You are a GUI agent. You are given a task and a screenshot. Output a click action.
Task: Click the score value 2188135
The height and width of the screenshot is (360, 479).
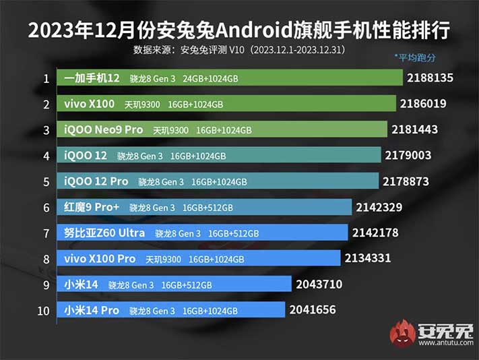pyautogui.click(x=430, y=78)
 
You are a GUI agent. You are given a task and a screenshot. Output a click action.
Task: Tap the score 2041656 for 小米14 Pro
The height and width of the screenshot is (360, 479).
pyautogui.click(x=312, y=310)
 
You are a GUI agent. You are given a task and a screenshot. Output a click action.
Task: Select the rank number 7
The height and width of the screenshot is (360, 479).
pyautogui.click(x=46, y=233)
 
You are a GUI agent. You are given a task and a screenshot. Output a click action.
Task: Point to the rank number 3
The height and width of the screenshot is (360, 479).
pyautogui.click(x=46, y=130)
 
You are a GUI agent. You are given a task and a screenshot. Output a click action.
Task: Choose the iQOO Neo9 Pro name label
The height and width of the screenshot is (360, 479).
pyautogui.click(x=103, y=130)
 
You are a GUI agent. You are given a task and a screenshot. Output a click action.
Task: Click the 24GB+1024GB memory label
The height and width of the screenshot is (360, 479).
pyautogui.click(x=210, y=79)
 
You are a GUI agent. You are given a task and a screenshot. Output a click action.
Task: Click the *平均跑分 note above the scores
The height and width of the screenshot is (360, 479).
pyautogui.click(x=414, y=58)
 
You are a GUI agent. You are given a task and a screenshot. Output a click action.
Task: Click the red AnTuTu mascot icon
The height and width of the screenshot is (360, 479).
pyautogui.click(x=402, y=333)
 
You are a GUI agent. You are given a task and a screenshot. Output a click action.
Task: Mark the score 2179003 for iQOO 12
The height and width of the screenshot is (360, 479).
pyautogui.click(x=408, y=156)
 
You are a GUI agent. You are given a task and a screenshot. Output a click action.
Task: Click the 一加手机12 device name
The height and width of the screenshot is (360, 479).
pyautogui.click(x=92, y=79)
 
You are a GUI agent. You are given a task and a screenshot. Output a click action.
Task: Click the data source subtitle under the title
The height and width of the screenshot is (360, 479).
pyautogui.click(x=240, y=50)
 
